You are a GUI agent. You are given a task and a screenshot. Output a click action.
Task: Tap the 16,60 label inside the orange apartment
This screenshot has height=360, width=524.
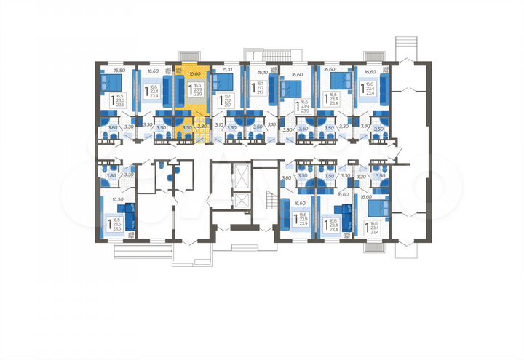tap(193, 73)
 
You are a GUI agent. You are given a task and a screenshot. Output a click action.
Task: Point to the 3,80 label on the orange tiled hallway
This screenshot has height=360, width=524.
tap(202, 126)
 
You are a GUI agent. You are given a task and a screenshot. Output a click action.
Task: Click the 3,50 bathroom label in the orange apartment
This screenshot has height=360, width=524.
tap(186, 127)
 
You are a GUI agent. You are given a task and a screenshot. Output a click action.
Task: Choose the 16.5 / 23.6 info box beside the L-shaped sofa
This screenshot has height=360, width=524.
tap(118, 224)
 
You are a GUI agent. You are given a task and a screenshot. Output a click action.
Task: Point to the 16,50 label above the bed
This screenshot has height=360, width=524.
tap(120, 71)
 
